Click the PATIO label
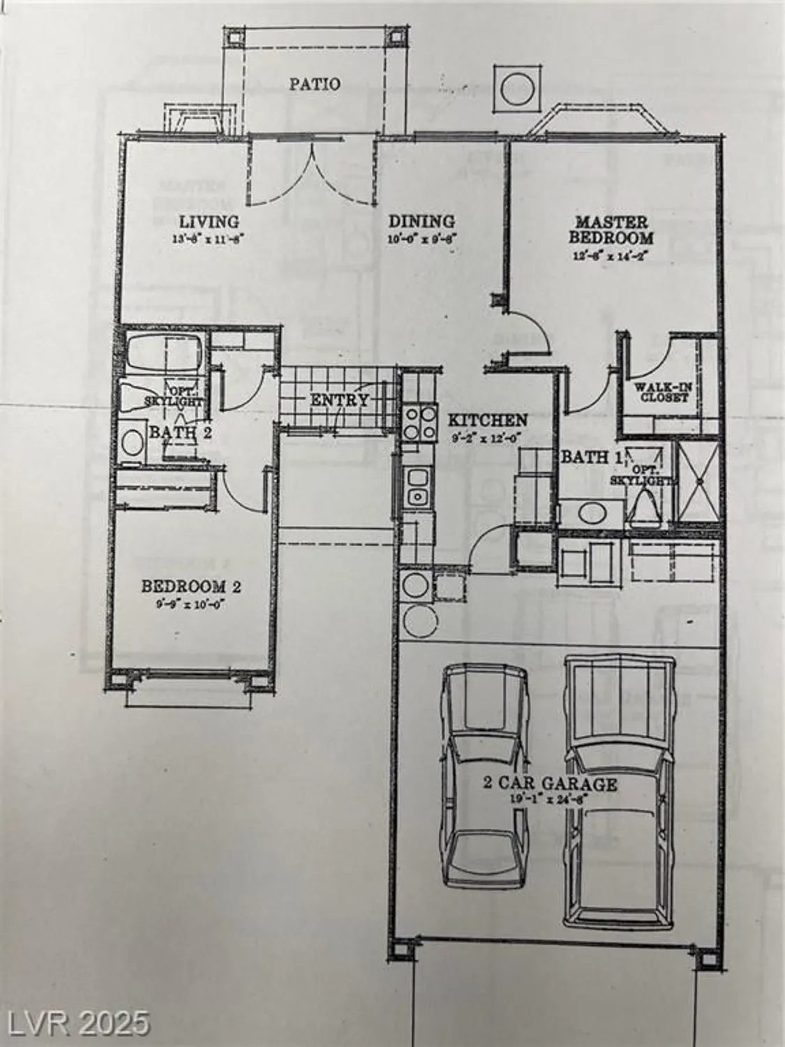click(x=315, y=84)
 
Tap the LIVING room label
click(x=209, y=222)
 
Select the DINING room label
click(x=421, y=221)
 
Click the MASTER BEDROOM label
click(x=611, y=230)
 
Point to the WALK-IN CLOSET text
click(x=661, y=392)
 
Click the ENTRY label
click(x=339, y=400)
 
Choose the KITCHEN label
click(x=487, y=420)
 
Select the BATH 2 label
click(x=180, y=432)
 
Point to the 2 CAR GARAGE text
click(x=551, y=783)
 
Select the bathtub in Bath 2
click(x=164, y=355)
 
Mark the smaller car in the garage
click(x=484, y=775)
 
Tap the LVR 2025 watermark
click(x=76, y=1023)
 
